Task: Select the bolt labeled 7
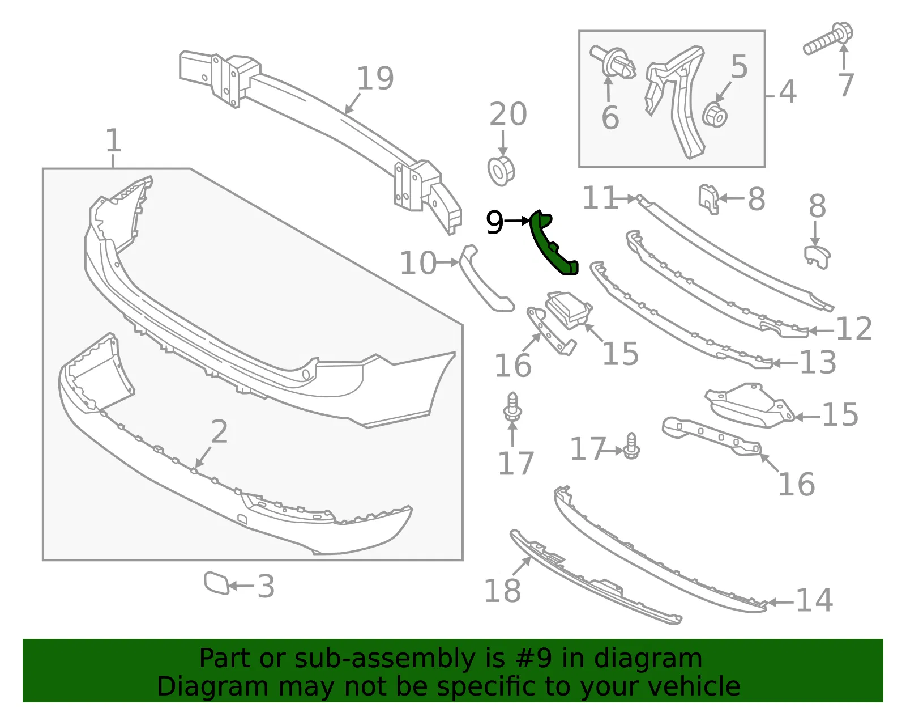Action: [828, 39]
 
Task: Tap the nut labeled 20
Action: [501, 171]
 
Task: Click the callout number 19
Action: [375, 78]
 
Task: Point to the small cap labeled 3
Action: [216, 582]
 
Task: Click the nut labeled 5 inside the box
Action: [715, 115]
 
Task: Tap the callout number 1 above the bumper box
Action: [113, 140]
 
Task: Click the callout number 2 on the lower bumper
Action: [220, 431]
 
